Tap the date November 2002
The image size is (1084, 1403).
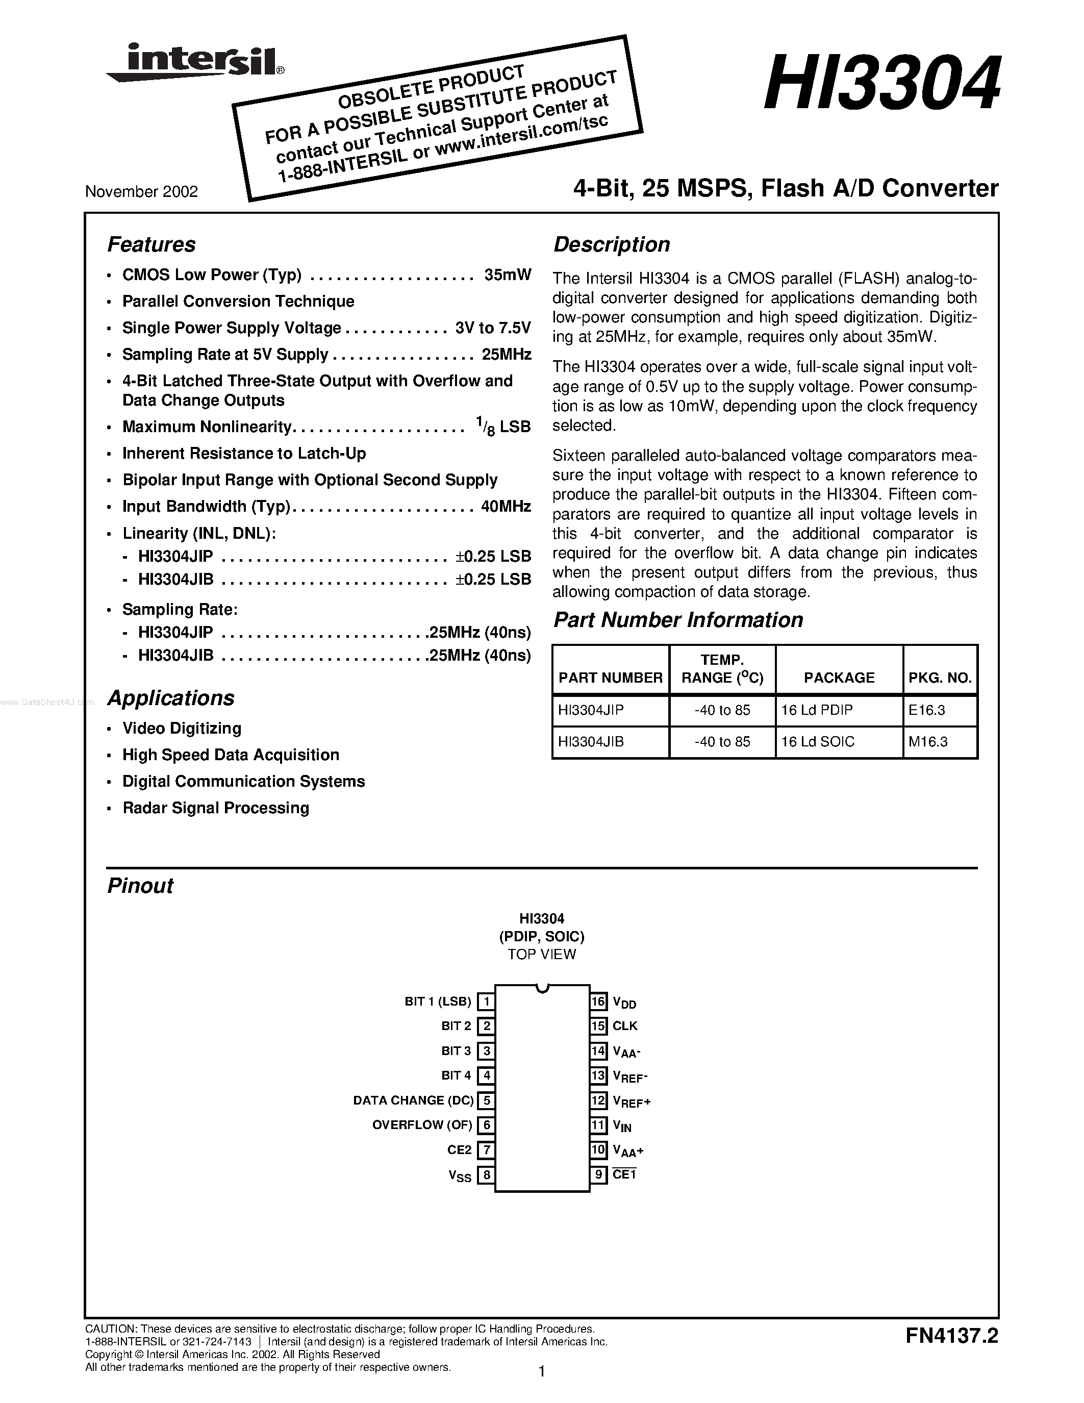click(141, 192)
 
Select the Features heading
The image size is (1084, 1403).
click(151, 245)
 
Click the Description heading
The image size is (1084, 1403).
click(611, 245)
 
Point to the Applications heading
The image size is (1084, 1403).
click(170, 698)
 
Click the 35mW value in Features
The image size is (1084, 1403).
click(508, 275)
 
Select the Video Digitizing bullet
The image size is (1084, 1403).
click(182, 729)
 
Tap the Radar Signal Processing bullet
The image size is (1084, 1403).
click(216, 808)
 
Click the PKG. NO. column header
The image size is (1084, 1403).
click(940, 678)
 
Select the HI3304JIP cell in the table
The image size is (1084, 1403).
click(591, 711)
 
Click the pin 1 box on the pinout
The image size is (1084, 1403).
click(487, 1001)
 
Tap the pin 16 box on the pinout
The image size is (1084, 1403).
click(598, 1001)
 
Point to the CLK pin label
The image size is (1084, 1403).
click(625, 1026)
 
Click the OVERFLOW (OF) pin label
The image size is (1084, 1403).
click(422, 1125)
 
